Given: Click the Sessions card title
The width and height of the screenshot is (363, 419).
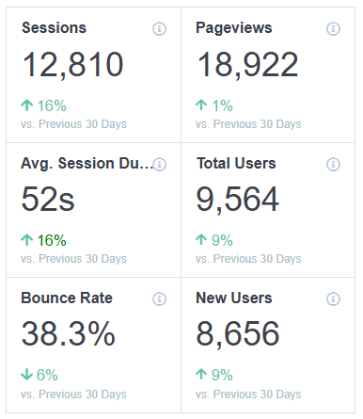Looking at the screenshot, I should click(54, 28).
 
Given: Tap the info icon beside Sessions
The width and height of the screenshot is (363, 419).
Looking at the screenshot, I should click(159, 29).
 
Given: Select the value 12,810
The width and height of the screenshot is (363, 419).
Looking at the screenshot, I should click(72, 65).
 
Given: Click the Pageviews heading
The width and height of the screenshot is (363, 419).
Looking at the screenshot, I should click(234, 28).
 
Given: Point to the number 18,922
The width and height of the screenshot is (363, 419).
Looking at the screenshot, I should click(247, 65).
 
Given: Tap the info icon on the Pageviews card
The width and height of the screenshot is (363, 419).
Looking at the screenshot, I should click(333, 29).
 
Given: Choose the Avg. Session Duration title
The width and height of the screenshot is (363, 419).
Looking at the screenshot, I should click(86, 164).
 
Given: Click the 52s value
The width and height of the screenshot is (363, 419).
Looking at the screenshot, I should click(48, 200).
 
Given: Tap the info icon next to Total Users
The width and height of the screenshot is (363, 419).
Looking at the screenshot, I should click(333, 165).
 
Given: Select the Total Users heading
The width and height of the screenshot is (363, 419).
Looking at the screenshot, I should click(236, 164).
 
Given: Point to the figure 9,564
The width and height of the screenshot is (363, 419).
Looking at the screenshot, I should click(238, 200).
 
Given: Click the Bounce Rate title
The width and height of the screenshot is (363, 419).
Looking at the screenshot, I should click(67, 298).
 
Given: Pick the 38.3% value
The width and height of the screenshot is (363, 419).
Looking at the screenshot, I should click(69, 334).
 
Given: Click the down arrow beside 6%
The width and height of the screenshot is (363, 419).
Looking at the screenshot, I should click(26, 375).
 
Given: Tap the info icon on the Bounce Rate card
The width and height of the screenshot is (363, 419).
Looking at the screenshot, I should click(159, 299).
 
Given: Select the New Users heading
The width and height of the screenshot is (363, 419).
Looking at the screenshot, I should click(234, 298).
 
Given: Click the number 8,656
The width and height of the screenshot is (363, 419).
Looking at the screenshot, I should click(238, 334).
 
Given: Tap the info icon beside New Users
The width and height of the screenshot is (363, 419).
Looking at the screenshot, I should click(333, 299).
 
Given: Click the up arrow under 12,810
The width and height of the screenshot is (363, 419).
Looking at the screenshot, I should click(26, 105).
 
